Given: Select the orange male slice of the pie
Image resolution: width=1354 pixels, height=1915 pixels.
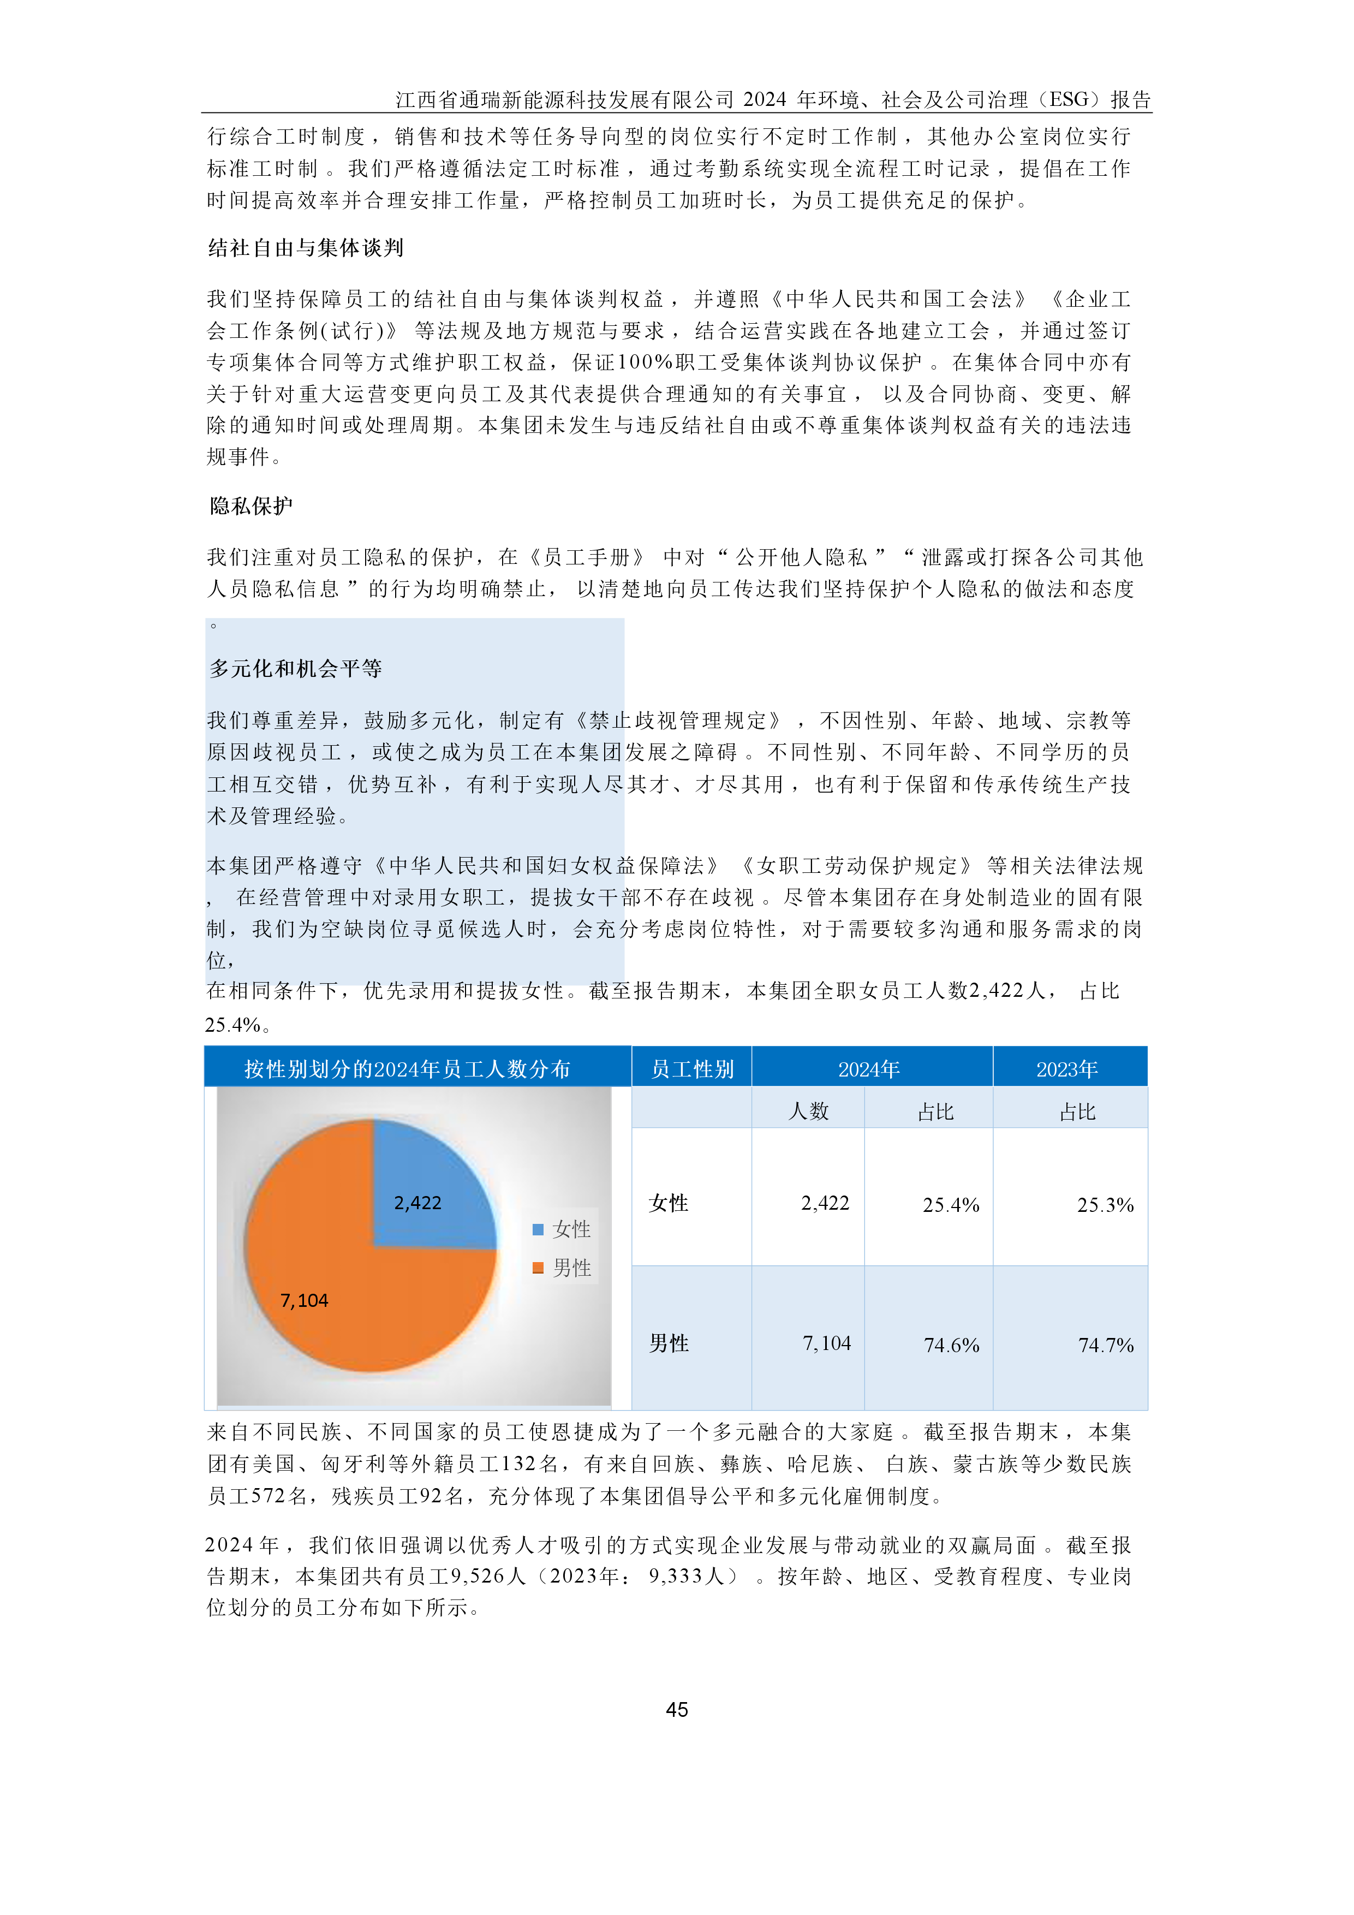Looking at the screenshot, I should tap(350, 1301).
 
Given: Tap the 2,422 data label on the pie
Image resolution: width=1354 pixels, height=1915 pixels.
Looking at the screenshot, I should tap(417, 1203).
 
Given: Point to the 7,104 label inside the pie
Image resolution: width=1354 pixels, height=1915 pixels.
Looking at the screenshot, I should tap(305, 1300).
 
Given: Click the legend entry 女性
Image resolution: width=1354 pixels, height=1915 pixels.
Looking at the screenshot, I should tap(563, 1229).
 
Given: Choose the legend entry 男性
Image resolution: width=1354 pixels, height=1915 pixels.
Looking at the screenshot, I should tap(563, 1268).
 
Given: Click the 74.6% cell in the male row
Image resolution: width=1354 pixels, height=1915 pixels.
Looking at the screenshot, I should tap(951, 1345).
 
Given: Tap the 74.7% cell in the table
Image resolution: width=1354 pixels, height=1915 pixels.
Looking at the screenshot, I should tap(1105, 1345).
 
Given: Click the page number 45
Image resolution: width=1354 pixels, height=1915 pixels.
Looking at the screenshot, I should tap(676, 1709).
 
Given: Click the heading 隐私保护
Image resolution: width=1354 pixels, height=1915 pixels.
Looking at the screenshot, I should tap(251, 505).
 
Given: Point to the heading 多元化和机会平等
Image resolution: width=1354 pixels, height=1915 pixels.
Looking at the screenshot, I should tap(295, 668).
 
